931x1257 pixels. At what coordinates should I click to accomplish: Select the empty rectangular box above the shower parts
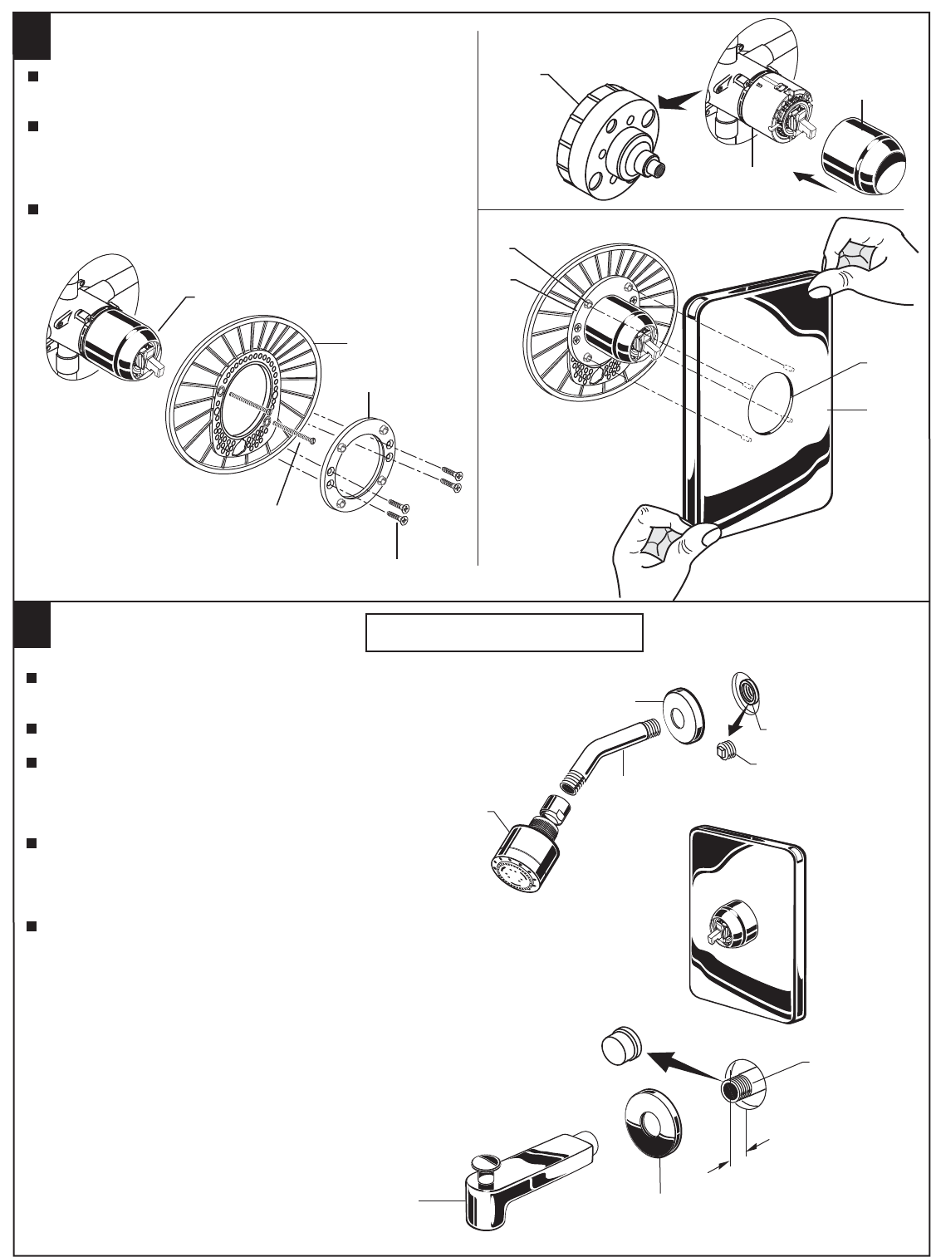(x=504, y=632)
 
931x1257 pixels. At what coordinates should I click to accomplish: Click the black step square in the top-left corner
(x=33, y=37)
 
